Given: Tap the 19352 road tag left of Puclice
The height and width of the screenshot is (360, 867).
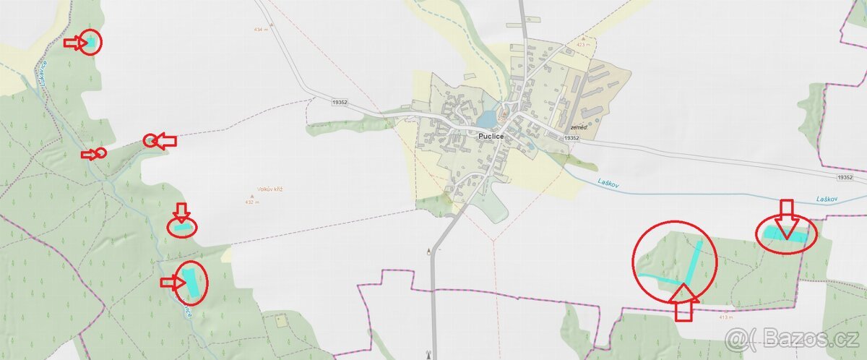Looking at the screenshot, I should [x=340, y=103].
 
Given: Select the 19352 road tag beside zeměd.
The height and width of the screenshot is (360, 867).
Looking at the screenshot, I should [x=571, y=137].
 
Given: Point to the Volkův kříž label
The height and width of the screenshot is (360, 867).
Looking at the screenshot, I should [x=269, y=189].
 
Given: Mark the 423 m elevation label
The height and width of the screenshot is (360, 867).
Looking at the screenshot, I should [x=584, y=45].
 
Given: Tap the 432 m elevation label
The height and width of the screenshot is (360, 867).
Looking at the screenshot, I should [x=251, y=202].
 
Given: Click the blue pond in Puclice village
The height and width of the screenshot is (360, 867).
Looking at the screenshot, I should [x=487, y=117].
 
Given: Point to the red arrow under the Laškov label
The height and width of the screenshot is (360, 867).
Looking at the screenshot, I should [x=787, y=218].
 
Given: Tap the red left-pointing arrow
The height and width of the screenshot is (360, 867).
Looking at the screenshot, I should [x=167, y=141].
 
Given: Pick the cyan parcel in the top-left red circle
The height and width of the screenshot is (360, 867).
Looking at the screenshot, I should [x=91, y=43].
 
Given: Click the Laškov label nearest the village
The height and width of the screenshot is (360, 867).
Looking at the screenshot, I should [x=609, y=184].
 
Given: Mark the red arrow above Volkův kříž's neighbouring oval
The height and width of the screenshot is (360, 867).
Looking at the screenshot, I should [x=181, y=212].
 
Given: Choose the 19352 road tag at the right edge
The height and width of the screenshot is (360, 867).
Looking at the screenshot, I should [x=845, y=177].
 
